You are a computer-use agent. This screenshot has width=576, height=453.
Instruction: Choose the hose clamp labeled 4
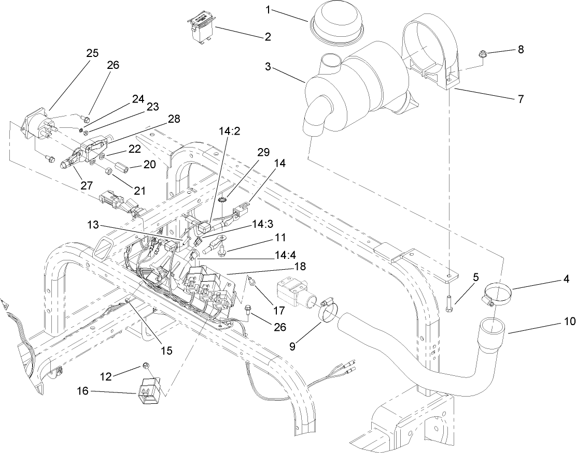[x=498, y=294]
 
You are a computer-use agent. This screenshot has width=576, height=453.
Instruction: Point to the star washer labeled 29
[x=224, y=199]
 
